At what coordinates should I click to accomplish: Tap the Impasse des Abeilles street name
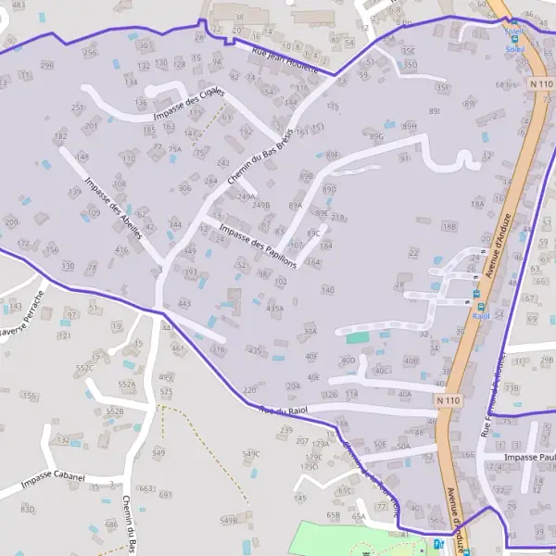coord(112,208)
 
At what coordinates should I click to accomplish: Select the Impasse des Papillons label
coord(258,245)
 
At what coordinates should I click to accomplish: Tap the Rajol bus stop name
coord(480,316)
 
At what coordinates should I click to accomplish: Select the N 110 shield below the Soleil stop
coord(542,84)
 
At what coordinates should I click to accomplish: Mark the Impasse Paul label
coord(528,458)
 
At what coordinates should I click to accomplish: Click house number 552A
coord(126,385)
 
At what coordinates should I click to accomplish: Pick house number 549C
coord(251,454)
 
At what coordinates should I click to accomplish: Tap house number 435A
coord(274,309)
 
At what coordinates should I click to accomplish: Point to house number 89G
coord(376,136)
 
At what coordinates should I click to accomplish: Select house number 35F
coord(443,88)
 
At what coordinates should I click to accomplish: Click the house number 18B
coord(449,226)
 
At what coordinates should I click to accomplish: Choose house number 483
coord(19,6)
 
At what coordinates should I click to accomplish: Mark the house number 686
coord(111,524)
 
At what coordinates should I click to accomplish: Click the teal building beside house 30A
coord(357,337)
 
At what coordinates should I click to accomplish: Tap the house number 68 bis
coord(505,85)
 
